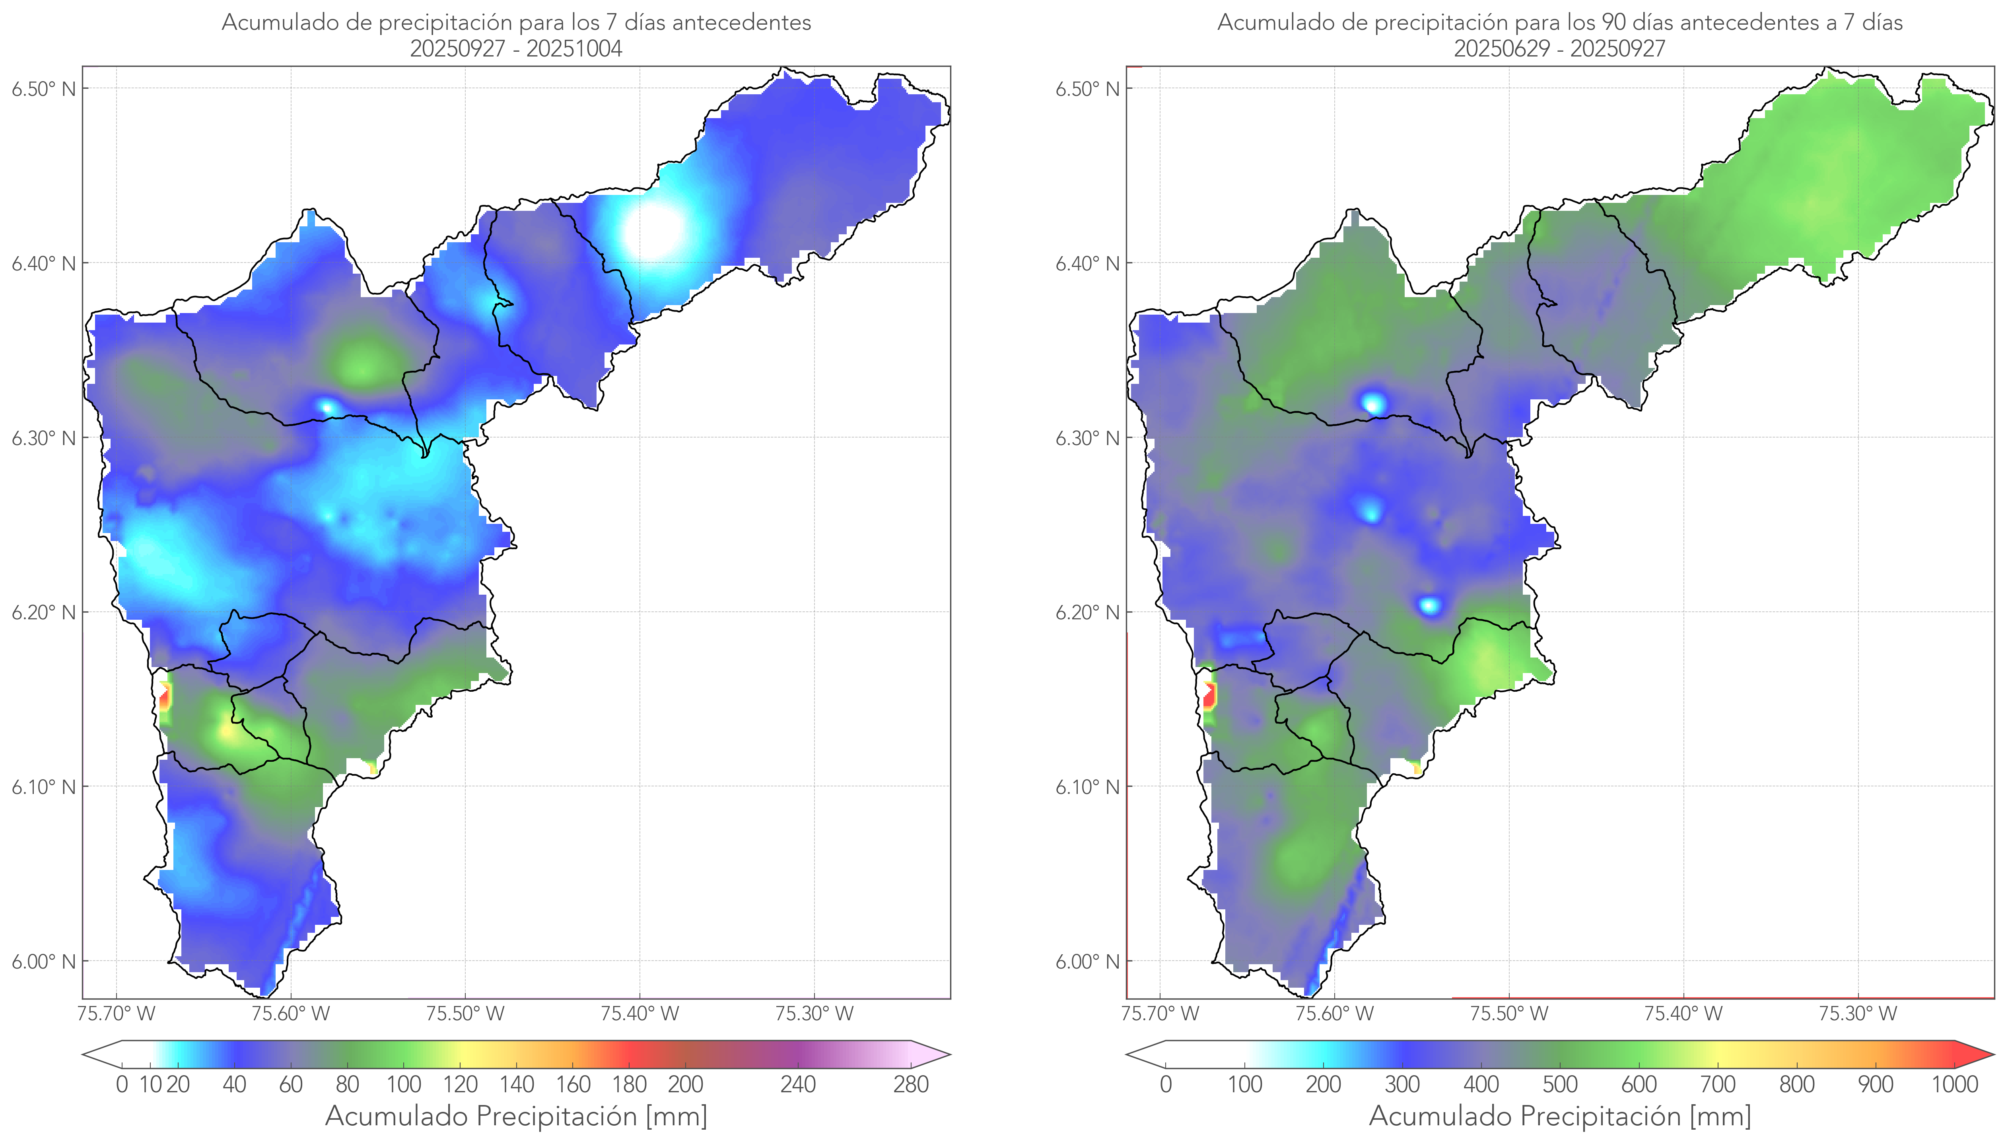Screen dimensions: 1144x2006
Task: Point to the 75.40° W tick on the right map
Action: (1683, 1014)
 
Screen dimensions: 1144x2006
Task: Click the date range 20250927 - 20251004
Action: (516, 49)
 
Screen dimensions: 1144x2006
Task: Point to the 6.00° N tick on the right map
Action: (1088, 962)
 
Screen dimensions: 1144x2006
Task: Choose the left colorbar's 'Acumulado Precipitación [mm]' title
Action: (516, 1116)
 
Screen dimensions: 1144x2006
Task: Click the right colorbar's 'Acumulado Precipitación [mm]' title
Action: (1560, 1116)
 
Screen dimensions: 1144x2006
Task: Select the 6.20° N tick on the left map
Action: (44, 612)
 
